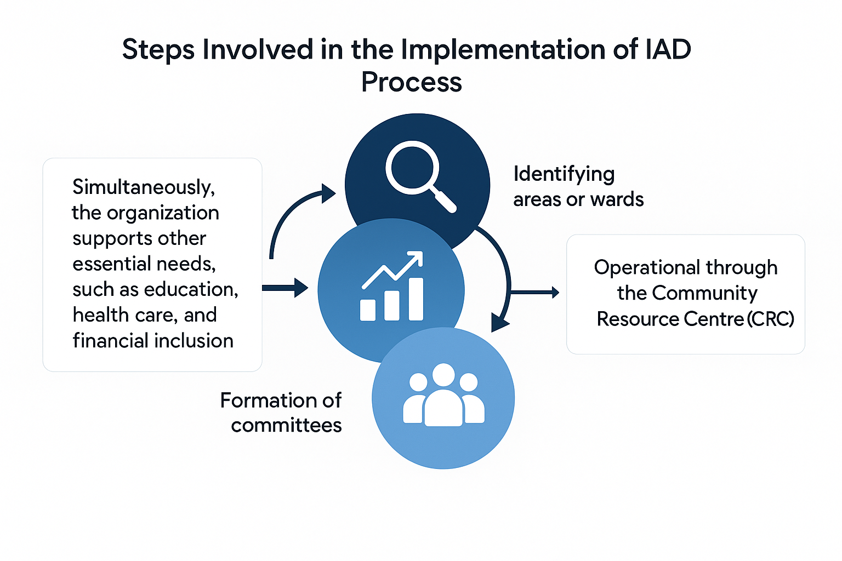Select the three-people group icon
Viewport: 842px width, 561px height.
[443, 396]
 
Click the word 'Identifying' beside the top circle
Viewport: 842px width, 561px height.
[564, 175]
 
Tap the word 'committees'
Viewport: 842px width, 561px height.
[286, 426]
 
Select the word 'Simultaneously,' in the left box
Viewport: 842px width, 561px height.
[144, 187]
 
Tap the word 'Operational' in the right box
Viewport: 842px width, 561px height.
[639, 268]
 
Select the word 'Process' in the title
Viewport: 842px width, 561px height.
[411, 82]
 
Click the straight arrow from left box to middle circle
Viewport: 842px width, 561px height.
[285, 288]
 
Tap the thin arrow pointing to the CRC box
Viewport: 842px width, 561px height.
[534, 293]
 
